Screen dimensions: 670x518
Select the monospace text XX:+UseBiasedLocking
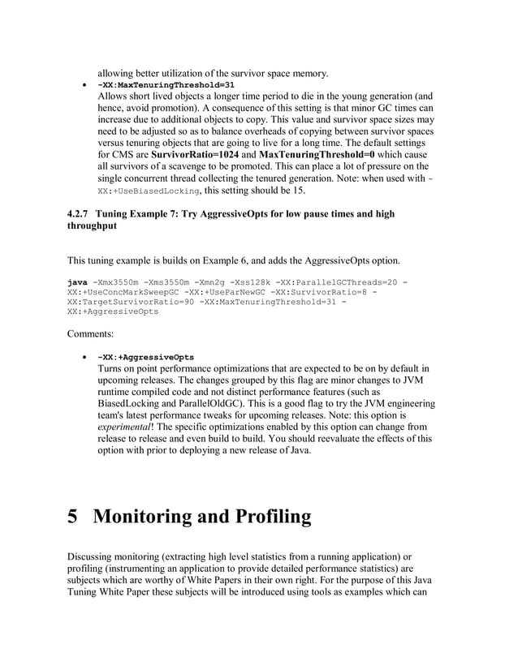pyautogui.click(x=149, y=191)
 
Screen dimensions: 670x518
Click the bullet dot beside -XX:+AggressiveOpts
pyautogui.click(x=84, y=357)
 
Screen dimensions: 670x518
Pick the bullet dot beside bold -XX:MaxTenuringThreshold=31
pyautogui.click(x=84, y=85)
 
